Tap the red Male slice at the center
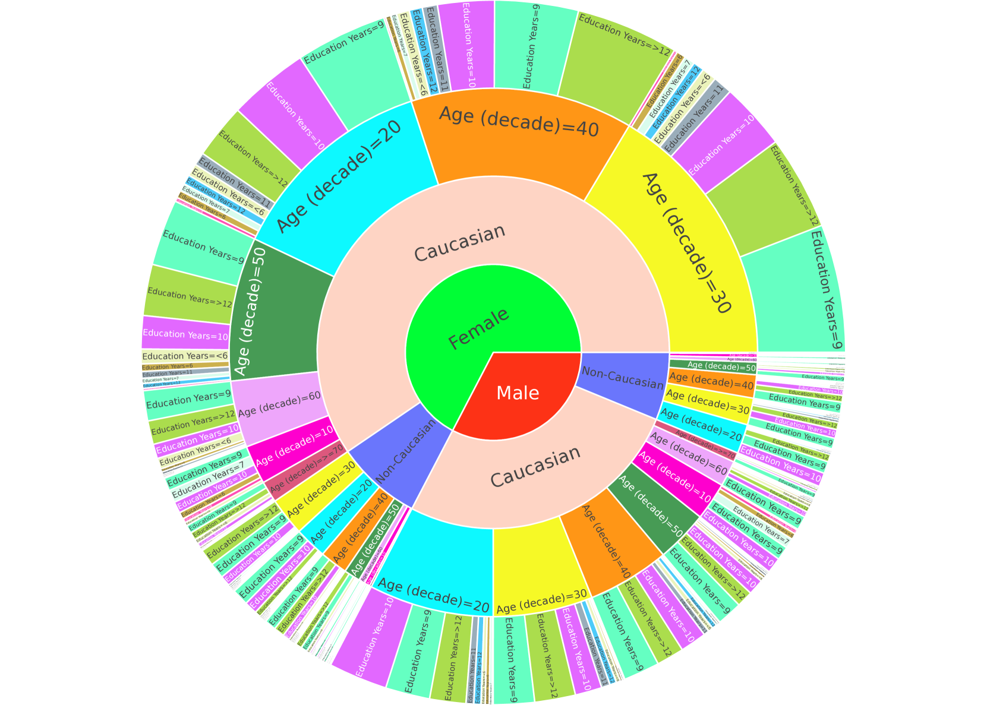(x=517, y=393)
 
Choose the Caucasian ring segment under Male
(x=535, y=469)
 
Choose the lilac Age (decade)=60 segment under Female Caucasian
(x=279, y=410)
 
